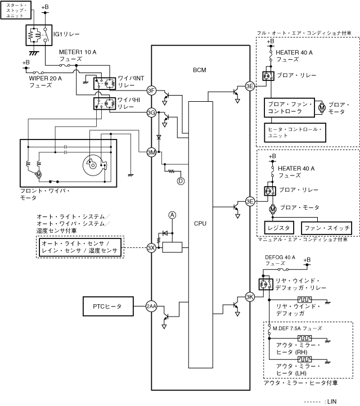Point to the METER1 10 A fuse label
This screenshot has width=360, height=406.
tap(78, 55)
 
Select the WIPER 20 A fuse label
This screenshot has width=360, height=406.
tap(45, 82)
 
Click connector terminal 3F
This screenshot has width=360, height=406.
tap(151, 91)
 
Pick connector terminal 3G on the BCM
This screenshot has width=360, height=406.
tap(151, 112)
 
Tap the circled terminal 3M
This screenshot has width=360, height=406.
tap(151, 152)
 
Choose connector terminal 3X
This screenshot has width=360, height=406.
tap(151, 247)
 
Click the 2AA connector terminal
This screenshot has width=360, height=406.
tap(151, 306)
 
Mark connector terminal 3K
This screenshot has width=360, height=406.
tap(250, 297)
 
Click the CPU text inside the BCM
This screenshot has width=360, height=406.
tap(200, 223)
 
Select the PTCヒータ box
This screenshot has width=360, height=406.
tap(109, 306)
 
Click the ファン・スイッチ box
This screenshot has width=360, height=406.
tap(327, 228)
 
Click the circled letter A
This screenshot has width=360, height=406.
tap(173, 215)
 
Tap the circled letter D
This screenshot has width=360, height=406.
tap(181, 181)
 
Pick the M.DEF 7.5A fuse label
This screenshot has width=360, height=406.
tap(298, 328)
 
